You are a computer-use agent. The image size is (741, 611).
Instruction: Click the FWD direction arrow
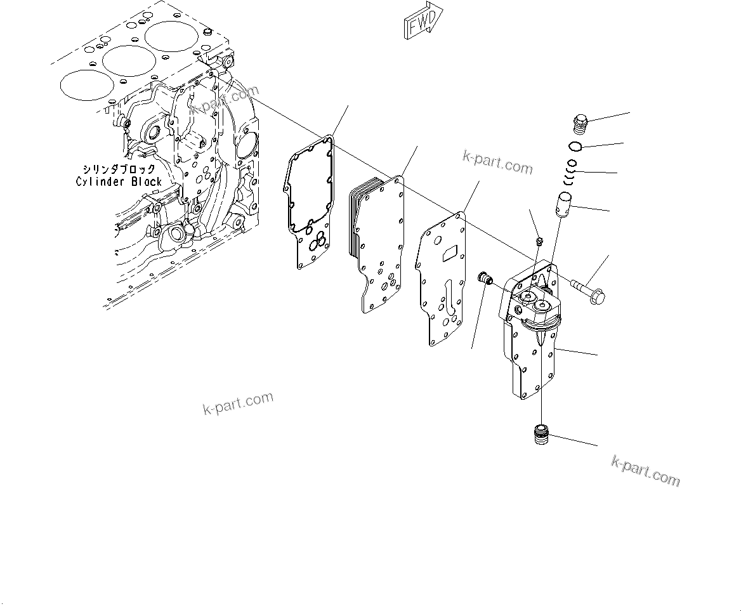click(423, 23)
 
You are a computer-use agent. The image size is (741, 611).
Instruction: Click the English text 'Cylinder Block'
click(119, 182)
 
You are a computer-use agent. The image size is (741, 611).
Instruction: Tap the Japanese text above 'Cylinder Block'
click(119, 169)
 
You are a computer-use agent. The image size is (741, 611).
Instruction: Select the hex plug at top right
click(580, 122)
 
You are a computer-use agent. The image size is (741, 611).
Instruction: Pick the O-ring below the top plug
click(575, 148)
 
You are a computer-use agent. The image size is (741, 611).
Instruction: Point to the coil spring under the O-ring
click(571, 173)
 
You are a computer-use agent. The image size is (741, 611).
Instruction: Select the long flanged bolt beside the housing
click(587, 289)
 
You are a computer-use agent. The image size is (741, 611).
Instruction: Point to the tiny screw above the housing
click(538, 240)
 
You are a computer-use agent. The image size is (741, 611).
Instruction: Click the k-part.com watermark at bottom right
click(645, 471)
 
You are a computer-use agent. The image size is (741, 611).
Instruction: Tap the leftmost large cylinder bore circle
click(82, 84)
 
